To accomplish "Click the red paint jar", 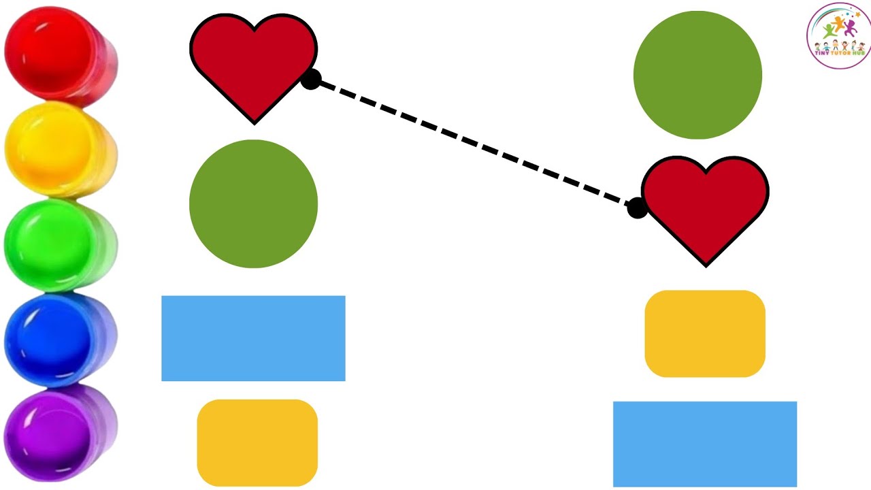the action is coord(61,56).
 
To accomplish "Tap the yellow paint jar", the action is coord(61,150).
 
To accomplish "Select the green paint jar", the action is coord(61,245).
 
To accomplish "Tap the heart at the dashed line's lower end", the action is coord(706,208).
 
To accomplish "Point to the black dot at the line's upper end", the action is coord(311,80).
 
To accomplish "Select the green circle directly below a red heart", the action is coord(254,203).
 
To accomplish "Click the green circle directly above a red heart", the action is coord(697,75).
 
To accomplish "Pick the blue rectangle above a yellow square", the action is coord(254,338).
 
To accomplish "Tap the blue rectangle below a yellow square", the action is coord(705,444).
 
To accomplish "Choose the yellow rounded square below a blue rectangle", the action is coord(257,442).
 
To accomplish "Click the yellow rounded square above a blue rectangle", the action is coord(705,333).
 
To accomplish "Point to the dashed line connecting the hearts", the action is coord(474,144).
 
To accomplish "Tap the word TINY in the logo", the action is coord(821,53).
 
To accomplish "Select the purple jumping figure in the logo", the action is coord(850,28).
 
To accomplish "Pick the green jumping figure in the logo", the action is coord(828,31).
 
